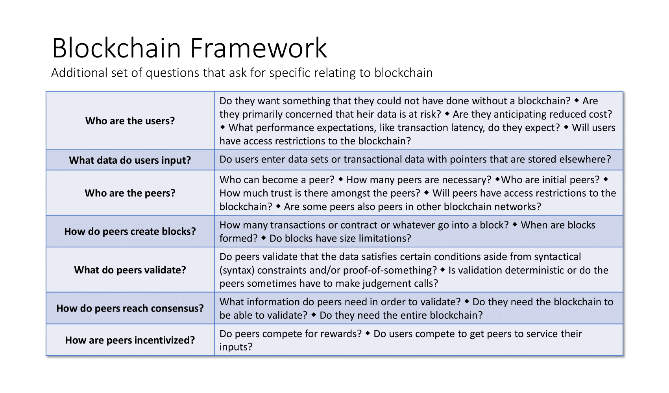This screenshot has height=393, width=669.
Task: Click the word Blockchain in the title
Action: [x=116, y=48]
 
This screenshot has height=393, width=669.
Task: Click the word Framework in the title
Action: [x=259, y=48]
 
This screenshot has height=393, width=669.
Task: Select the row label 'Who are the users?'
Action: [x=130, y=121]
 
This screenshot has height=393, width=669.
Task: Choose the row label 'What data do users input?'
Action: [x=130, y=160]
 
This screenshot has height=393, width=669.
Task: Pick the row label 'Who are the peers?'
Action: [x=130, y=193]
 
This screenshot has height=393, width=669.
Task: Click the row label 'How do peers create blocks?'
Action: [x=130, y=231]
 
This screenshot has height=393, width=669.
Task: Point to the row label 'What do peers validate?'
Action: [x=130, y=270]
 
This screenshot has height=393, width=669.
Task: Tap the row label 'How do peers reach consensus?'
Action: [x=130, y=308]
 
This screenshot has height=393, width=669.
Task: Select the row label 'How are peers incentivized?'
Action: [x=130, y=340]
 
